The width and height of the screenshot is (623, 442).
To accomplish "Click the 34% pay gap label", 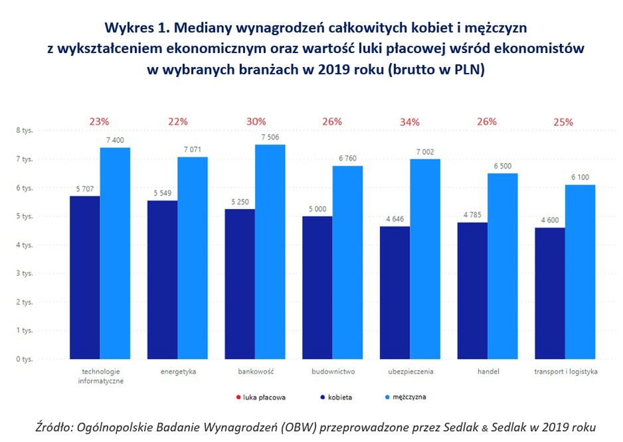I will [x=410, y=121].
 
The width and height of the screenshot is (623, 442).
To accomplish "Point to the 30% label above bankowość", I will [x=256, y=121].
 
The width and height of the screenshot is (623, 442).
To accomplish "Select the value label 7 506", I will [x=271, y=137].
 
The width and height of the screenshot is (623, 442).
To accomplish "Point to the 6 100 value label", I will [x=580, y=178].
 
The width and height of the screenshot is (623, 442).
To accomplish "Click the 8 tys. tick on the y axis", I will [x=24, y=131].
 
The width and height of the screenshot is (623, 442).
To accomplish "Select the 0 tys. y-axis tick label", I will [x=24, y=359].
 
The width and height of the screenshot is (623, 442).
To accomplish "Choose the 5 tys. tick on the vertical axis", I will [x=24, y=216].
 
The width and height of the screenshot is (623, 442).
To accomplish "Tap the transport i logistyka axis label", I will [x=565, y=372].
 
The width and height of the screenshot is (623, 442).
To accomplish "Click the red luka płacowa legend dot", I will [x=239, y=398].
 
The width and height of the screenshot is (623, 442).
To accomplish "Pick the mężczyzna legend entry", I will [x=404, y=398].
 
